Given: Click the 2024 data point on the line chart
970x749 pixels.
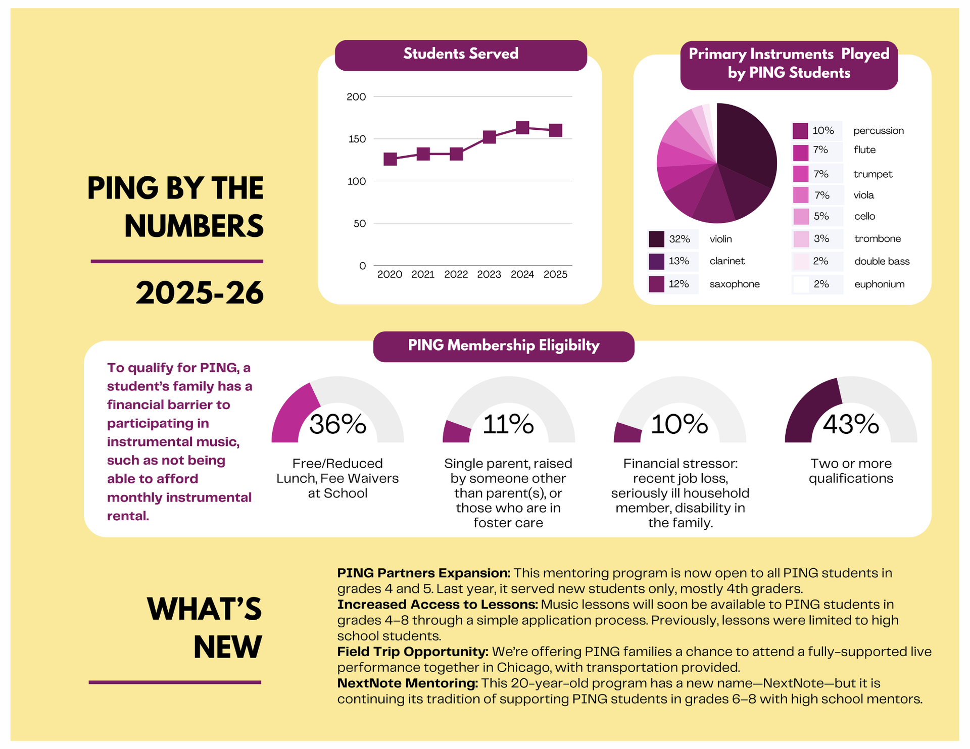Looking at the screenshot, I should (x=522, y=128).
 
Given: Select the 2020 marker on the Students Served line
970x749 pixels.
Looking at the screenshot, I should (x=390, y=159).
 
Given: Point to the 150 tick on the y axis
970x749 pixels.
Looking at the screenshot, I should (x=357, y=139).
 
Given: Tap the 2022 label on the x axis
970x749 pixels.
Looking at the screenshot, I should (x=456, y=274).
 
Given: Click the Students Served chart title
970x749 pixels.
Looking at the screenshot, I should (x=460, y=54).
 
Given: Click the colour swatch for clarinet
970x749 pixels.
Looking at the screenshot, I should (x=656, y=262).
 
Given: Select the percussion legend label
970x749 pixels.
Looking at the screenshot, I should (x=878, y=131).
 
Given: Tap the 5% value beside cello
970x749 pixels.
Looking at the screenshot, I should (x=821, y=216).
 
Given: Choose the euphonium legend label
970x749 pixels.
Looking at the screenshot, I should (x=879, y=284).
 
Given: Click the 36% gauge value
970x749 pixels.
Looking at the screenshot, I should (x=337, y=424).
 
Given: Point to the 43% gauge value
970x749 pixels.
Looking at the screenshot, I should (x=851, y=424).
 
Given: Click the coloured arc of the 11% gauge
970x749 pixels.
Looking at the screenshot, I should (x=456, y=432).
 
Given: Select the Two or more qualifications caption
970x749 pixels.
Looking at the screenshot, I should (x=851, y=471).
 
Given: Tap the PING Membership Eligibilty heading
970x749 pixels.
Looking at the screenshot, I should (x=503, y=346).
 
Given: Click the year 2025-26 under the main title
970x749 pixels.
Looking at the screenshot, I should (x=200, y=293).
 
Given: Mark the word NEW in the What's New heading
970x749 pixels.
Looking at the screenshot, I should (x=227, y=647).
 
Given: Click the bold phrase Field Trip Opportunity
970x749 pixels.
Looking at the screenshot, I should (x=412, y=652).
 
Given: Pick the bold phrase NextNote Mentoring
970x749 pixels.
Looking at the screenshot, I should (x=407, y=683).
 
